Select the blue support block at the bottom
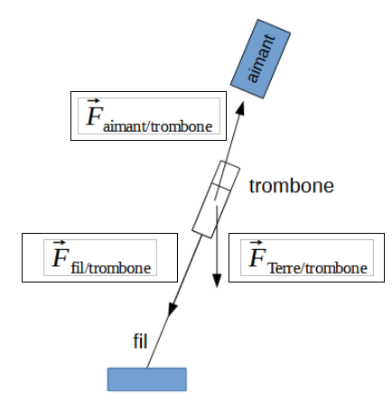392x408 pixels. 147,378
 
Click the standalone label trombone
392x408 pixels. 292,187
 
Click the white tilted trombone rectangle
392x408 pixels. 217,199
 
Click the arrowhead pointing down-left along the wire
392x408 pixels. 170,311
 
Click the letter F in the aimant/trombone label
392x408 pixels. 92,116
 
